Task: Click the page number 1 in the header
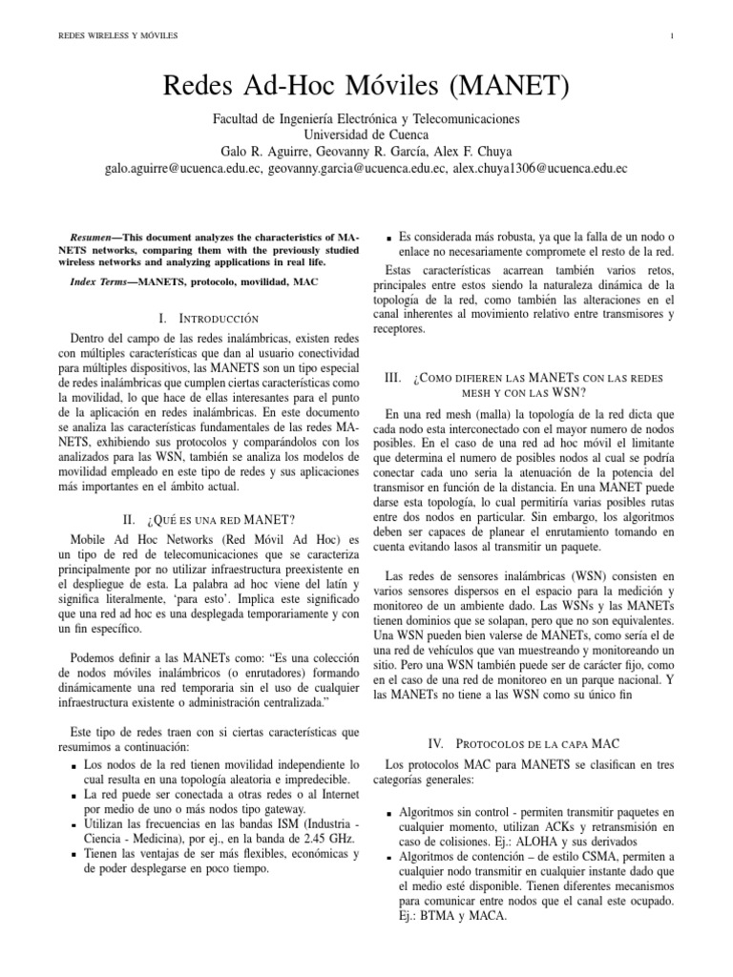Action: point(673,37)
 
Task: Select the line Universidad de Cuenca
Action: point(366,135)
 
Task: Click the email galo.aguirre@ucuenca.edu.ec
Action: point(179,168)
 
